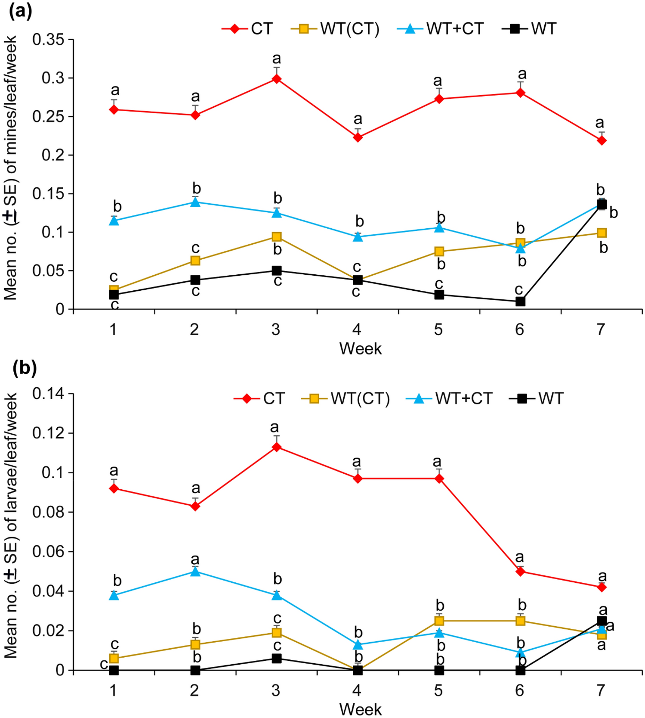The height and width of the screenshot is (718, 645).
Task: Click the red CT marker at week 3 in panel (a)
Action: [277, 79]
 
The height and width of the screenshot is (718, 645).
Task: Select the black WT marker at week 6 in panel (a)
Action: [520, 301]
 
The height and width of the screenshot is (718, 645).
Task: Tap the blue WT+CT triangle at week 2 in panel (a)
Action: [195, 202]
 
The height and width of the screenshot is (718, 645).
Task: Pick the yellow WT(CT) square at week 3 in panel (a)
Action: [277, 237]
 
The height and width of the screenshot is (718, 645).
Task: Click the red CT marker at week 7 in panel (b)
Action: [602, 587]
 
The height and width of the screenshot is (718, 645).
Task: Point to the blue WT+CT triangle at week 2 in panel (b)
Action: [195, 572]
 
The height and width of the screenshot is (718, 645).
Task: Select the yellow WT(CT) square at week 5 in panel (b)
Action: [439, 621]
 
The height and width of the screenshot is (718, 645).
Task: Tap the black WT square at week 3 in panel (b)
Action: [277, 659]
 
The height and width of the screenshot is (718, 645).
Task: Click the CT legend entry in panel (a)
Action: [247, 29]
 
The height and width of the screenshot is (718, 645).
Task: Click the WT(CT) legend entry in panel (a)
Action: [336, 29]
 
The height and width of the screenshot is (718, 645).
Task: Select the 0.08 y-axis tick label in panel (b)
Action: [48, 513]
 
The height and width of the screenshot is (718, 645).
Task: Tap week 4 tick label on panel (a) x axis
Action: [357, 329]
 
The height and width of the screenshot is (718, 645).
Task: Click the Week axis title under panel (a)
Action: [360, 348]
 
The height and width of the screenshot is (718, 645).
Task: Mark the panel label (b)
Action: [25, 368]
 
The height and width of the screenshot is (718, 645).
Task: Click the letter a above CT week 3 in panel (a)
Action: [277, 58]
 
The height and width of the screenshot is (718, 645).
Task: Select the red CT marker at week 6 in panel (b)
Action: [520, 572]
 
